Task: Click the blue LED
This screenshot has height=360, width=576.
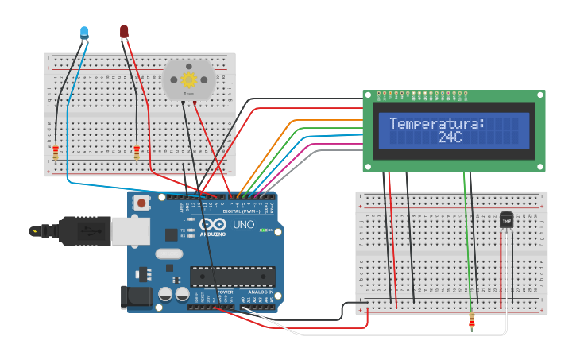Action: pos(84,32)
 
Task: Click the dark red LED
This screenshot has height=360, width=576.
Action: pos(124,31)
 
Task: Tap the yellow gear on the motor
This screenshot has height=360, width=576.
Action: pos(188,79)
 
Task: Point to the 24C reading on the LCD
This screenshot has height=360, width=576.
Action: pos(450,137)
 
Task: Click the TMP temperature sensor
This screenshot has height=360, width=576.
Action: pos(506,219)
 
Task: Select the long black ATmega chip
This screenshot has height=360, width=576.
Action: pos(231,276)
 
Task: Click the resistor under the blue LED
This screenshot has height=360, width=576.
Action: pos(56,153)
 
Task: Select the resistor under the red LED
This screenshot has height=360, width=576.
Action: pos(137,153)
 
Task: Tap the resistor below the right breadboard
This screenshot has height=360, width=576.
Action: pos(473,322)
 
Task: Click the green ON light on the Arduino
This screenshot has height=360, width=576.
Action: pos(261,230)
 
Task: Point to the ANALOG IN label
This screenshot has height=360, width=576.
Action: pos(260,292)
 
